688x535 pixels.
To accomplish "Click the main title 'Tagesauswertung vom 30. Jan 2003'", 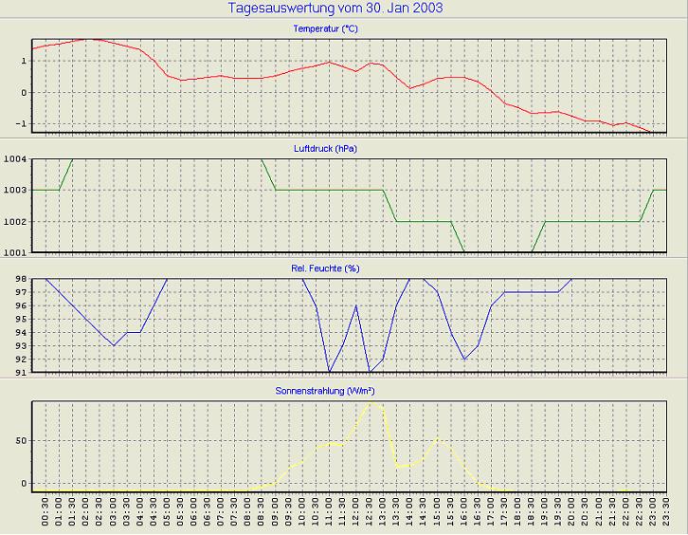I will point(335,9).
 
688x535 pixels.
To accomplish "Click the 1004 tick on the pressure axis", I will point(16,159).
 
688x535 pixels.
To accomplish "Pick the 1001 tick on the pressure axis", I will point(16,252).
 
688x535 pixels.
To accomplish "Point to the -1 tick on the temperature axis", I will point(22,124).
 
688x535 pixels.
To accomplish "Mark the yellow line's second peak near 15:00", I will point(438,437).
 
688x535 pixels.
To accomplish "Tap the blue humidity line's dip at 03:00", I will point(114,345).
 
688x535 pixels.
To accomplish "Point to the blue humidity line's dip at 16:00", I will point(464,359).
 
